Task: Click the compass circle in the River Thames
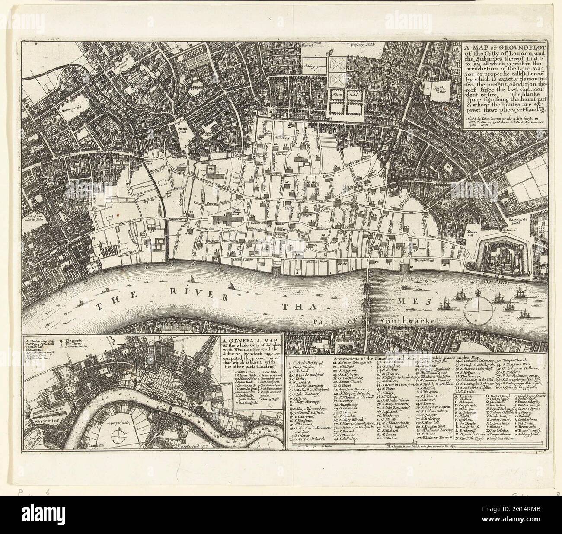pos(478,310)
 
